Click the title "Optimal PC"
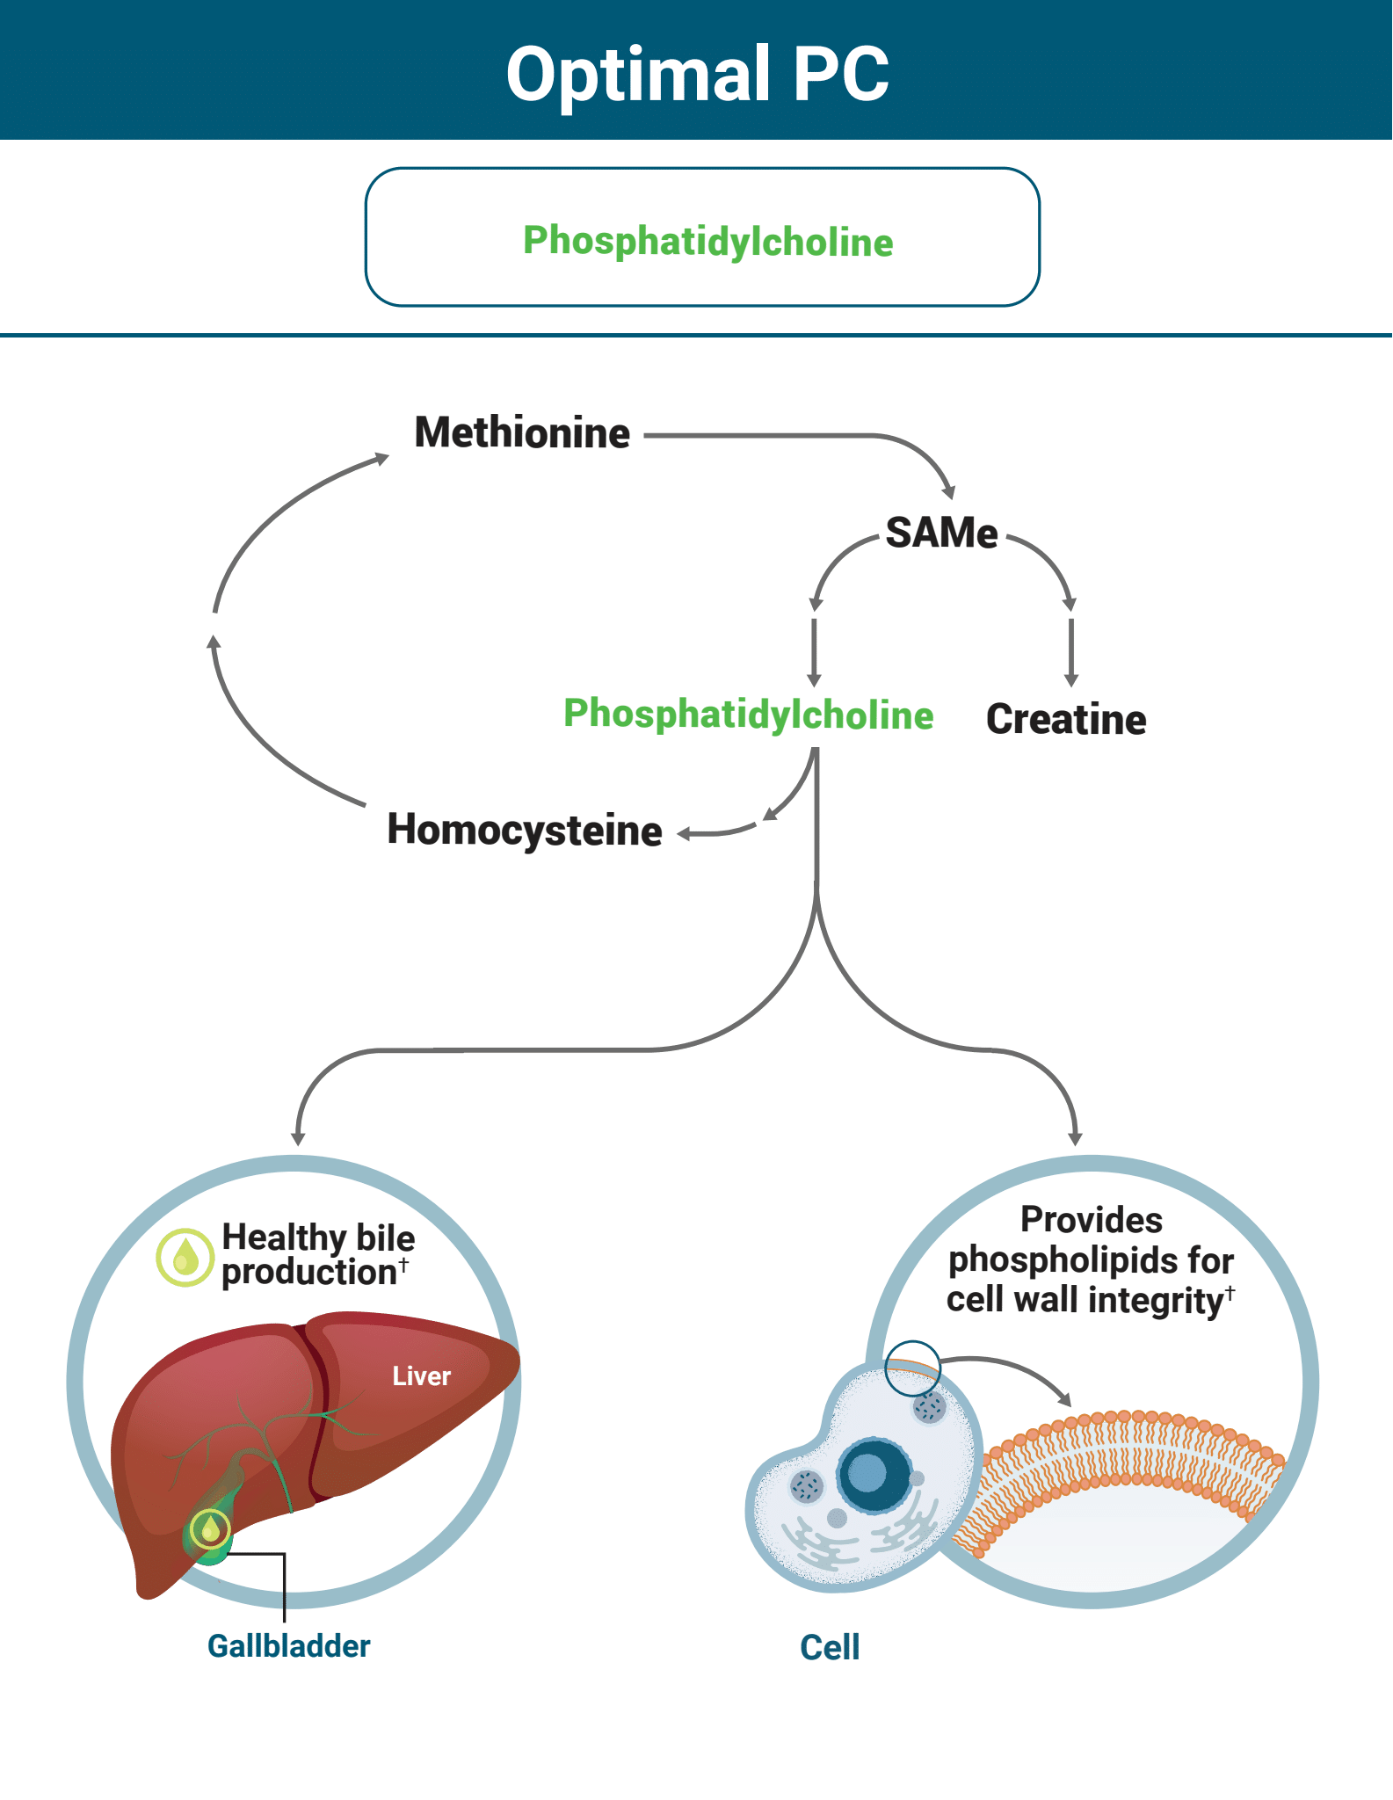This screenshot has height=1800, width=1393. coord(697,74)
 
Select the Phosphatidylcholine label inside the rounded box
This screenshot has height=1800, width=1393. coord(707,241)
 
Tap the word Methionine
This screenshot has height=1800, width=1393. coord(522,432)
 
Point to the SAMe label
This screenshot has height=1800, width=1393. coord(940,533)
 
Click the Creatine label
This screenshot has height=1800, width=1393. coord(1065,719)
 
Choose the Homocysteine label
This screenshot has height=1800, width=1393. coord(525,830)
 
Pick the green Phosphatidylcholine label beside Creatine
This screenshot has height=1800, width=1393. coord(748,714)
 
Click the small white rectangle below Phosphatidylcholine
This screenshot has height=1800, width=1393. coord(816,742)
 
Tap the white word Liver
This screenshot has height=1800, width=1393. coord(421,1376)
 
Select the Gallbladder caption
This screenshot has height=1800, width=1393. coord(288,1645)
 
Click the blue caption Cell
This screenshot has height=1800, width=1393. coord(829,1647)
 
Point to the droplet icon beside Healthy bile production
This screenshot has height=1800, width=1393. coord(185,1257)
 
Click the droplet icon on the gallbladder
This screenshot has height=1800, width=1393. coord(210,1530)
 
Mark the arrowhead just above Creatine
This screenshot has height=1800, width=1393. coord(1070,679)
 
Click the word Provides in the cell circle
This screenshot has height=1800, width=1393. coord(1091,1220)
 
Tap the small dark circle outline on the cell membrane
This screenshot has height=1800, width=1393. coord(911,1368)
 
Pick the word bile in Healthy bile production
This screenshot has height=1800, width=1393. coord(385,1237)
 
